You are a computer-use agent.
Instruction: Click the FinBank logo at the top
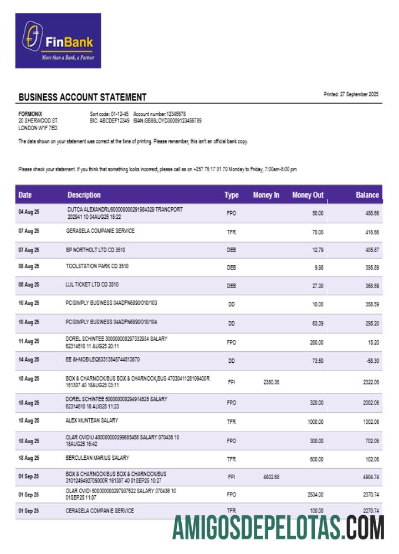pyautogui.click(x=58, y=41)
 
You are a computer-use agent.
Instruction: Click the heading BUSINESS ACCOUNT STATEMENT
pyautogui.click(x=83, y=98)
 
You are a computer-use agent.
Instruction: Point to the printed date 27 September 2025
pyautogui.click(x=351, y=94)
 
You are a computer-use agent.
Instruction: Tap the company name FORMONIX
pyautogui.click(x=30, y=114)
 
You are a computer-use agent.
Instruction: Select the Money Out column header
pyautogui.click(x=308, y=195)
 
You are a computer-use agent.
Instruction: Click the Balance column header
pyautogui.click(x=367, y=195)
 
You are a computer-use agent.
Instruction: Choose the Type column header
pyautogui.click(x=231, y=195)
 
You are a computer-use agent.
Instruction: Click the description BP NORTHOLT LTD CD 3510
pyautogui.click(x=95, y=250)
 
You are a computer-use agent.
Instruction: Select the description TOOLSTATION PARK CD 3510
pyautogui.click(x=97, y=266)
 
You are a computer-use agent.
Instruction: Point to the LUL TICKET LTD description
pyautogui.click(x=92, y=284)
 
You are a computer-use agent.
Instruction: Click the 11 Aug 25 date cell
pyautogui.click(x=29, y=342)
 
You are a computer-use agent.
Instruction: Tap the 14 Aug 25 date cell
pyautogui.click(x=29, y=360)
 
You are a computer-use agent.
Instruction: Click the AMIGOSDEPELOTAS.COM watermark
pyautogui.click(x=278, y=527)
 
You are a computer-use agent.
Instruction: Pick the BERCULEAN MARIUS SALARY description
pyautogui.click(x=98, y=458)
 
